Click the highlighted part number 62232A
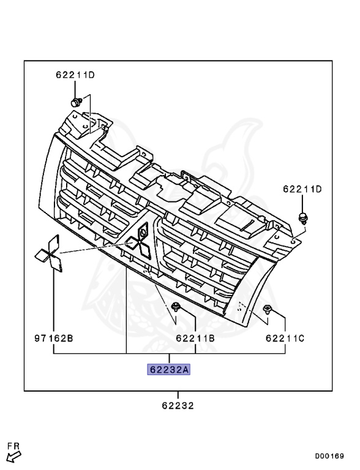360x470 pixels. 168,370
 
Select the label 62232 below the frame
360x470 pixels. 178,406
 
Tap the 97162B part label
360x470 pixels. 54,338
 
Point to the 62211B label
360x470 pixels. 195,338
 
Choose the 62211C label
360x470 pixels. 285,338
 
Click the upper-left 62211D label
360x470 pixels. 75,75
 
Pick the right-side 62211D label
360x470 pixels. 302,189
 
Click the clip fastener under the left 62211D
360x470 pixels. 76,103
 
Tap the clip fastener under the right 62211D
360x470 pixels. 303,218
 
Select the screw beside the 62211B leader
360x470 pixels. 175,307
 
